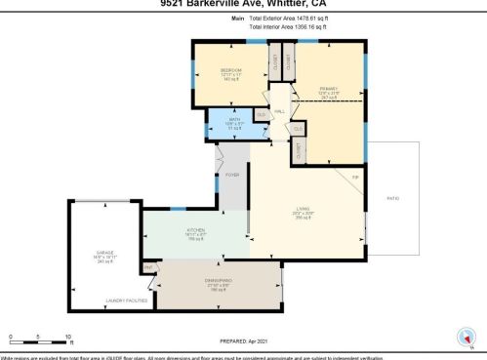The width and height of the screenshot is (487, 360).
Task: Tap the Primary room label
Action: [x=328, y=90]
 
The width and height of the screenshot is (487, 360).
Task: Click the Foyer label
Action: [x=232, y=175]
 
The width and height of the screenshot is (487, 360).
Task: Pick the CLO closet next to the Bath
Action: [x=259, y=114]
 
